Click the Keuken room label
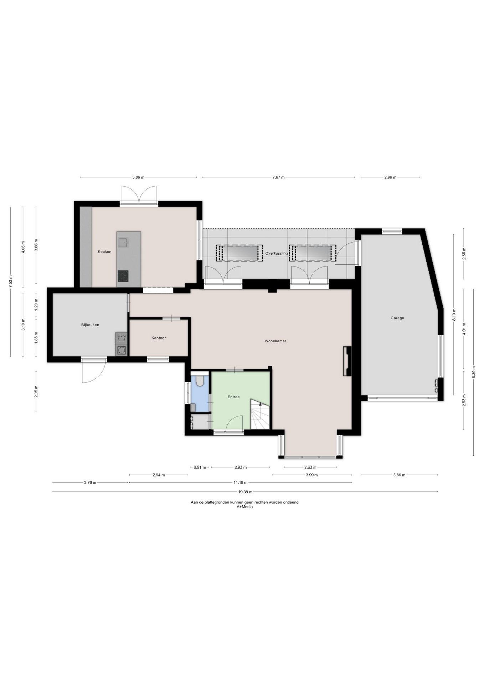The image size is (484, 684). click(104, 252)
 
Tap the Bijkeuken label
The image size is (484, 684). click(90, 325)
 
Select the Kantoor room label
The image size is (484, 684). click(159, 338)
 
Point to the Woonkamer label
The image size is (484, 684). click(275, 341)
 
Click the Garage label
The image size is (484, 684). click(397, 318)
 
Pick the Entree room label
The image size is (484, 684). click(234, 397)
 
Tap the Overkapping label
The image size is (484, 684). click(276, 253)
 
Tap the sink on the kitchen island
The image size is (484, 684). click(124, 243)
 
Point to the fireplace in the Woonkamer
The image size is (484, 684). click(347, 361)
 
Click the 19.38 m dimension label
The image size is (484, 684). click(245, 492)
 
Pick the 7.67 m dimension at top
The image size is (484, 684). click(278, 177)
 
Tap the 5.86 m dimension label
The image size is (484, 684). click(138, 177)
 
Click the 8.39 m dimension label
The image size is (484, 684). click(474, 372)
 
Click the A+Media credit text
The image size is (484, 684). click(244, 507)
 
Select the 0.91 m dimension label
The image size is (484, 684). click(200, 467)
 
